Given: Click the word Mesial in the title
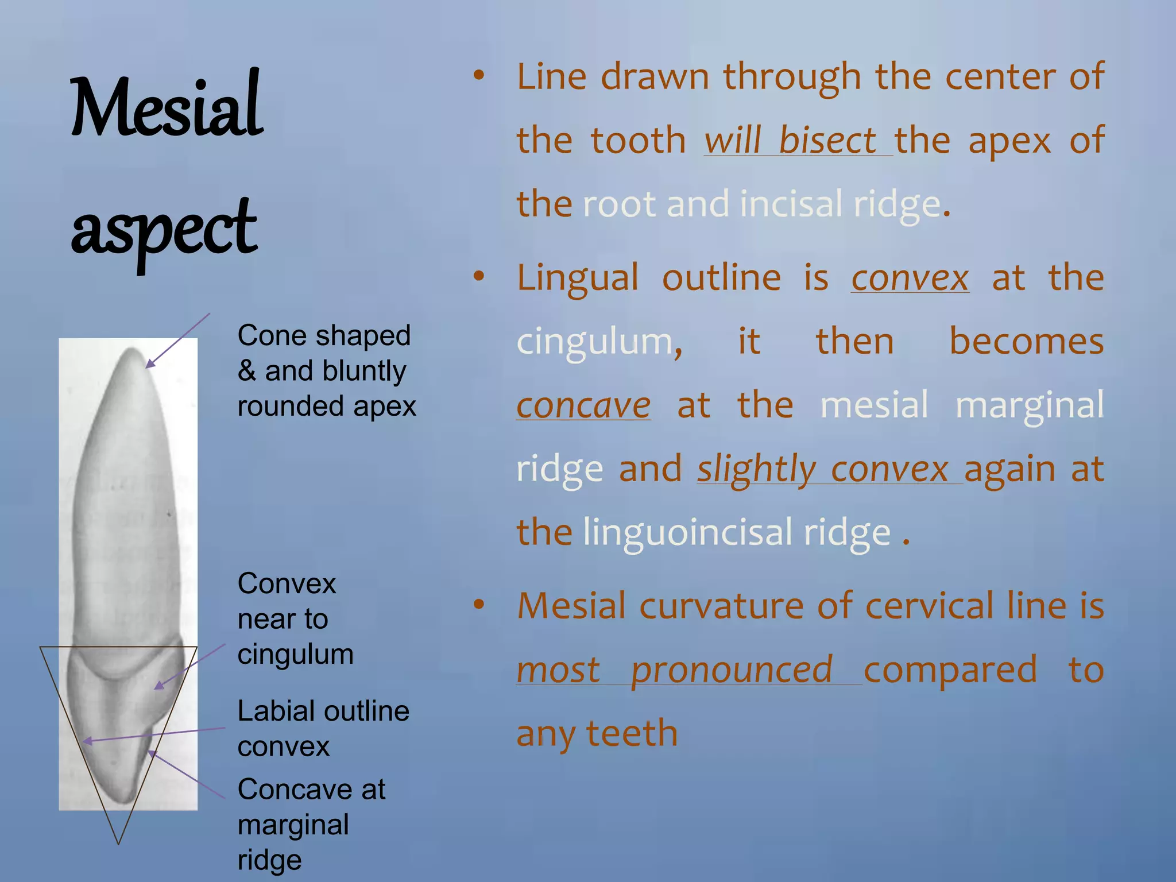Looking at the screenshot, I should coord(167,106).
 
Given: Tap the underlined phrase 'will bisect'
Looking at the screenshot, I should coord(790,140).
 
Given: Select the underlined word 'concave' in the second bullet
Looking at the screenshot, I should coord(583,405).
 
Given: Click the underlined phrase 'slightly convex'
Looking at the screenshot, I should coord(822,469).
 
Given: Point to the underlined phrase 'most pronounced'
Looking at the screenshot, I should coord(675,670).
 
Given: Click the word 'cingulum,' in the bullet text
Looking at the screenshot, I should coord(599,342).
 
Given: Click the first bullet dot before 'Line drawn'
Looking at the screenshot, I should coord(479,75).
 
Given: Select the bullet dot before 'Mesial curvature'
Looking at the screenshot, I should coord(479,604).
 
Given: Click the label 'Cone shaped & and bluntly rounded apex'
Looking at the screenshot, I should coord(326,370).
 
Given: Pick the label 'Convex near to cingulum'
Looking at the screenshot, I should coord(295,619).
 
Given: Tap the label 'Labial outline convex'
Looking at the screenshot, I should coord(323,728).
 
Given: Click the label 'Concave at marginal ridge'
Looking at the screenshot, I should coord(311,824).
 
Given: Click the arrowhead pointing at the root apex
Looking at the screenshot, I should coord(149,364).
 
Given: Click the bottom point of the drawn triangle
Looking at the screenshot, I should coord(118,844).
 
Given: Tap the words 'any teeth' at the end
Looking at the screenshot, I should coord(597,733).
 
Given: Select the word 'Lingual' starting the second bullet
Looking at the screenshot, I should coord(577,278).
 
